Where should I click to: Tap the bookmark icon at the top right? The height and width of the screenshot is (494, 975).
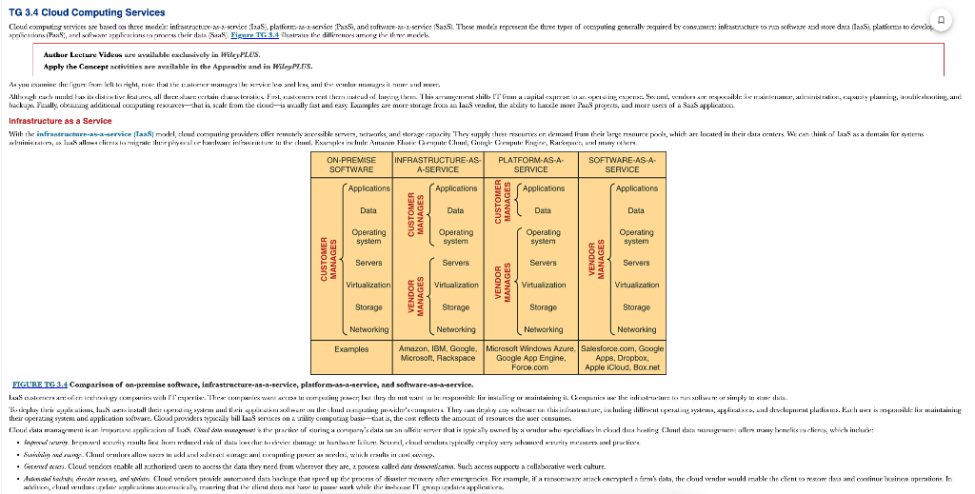[941, 20]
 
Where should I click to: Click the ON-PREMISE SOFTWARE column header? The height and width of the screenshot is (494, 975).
[350, 164]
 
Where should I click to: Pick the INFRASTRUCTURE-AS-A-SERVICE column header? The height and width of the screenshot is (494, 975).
[438, 164]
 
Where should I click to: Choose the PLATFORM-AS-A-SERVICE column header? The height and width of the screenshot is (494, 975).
[530, 164]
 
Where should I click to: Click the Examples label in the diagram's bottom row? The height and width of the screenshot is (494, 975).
[350, 349]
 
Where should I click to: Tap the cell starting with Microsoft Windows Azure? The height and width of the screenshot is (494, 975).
[530, 358]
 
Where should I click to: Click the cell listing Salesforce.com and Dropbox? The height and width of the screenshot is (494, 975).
[623, 358]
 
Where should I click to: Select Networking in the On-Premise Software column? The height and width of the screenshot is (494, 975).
[368, 329]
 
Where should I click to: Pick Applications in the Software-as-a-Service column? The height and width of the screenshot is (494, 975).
[636, 188]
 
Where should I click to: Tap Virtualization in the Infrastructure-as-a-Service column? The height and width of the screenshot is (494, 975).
[455, 285]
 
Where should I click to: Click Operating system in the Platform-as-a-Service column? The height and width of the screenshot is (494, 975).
[543, 237]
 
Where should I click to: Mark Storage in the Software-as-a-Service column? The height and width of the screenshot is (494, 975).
[636, 307]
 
